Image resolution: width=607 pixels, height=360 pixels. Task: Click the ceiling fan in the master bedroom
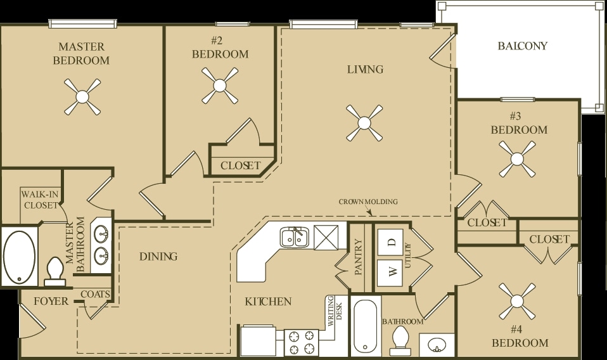tap(82, 97)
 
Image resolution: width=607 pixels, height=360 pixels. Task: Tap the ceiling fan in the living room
tap(364, 123)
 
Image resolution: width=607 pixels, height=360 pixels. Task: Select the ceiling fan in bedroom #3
tap(517, 158)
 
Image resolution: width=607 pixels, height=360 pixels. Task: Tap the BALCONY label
tap(522, 46)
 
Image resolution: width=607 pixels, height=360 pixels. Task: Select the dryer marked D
tap(392, 241)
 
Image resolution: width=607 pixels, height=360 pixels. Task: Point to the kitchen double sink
tap(295, 237)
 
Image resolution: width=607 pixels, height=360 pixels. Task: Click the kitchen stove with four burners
tap(301, 343)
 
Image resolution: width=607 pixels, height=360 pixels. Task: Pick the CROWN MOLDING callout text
tap(368, 202)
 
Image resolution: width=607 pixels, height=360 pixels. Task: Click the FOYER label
tap(51, 302)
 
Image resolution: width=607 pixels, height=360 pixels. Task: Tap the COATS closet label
tap(95, 294)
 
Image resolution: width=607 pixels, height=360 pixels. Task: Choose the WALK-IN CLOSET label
tap(40, 199)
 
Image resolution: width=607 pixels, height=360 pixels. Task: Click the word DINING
tap(158, 257)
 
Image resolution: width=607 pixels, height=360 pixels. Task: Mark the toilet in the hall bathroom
tap(401, 340)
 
